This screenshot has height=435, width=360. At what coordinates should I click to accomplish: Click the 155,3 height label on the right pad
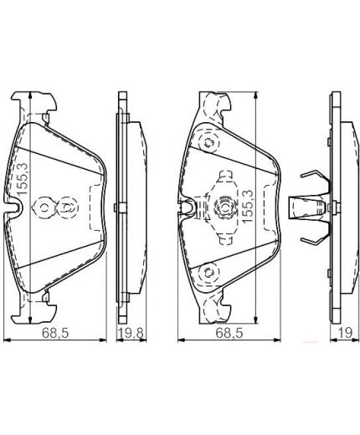coord(249,204)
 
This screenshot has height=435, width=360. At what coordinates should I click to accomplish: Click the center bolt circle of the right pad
coord(225,206)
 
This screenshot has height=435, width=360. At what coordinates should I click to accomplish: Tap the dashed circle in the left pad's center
coord(65,206)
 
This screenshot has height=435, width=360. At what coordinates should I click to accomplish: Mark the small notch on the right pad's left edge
coord(190,206)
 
